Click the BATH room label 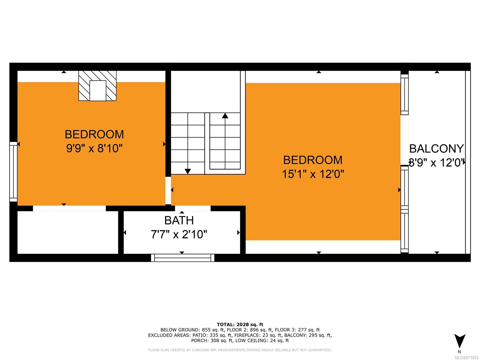coord(179,220)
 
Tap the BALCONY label coord(436,148)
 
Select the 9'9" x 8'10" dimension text coord(94,148)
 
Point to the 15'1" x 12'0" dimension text coord(313,174)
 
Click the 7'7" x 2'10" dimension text coord(179,234)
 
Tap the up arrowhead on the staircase coord(225,115)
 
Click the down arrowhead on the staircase coord(187,171)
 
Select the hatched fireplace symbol coord(97,86)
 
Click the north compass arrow coord(460,341)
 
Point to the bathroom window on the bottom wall coord(183,258)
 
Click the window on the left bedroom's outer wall coord(13,172)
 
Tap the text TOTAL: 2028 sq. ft coord(240,325)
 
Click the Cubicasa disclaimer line coord(240,350)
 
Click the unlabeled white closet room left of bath coord(68,232)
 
